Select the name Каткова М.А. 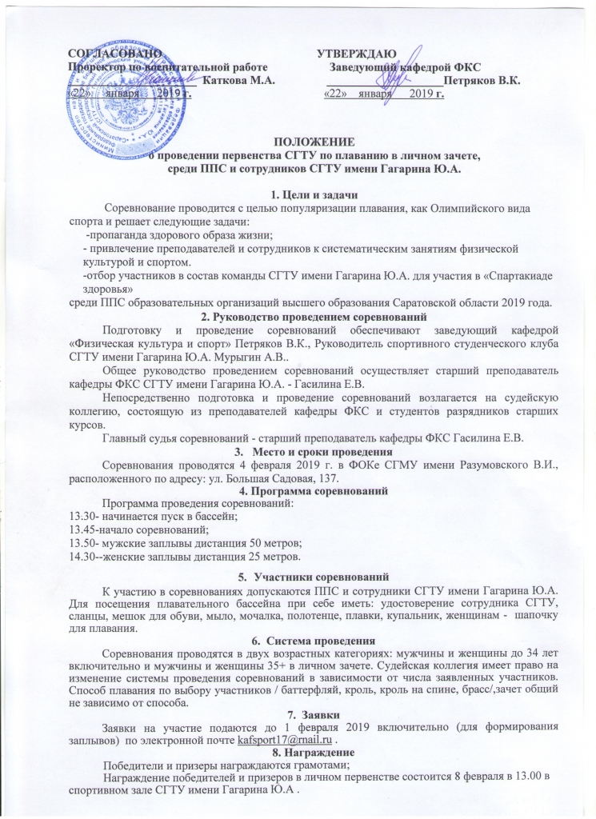[x=239, y=80]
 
